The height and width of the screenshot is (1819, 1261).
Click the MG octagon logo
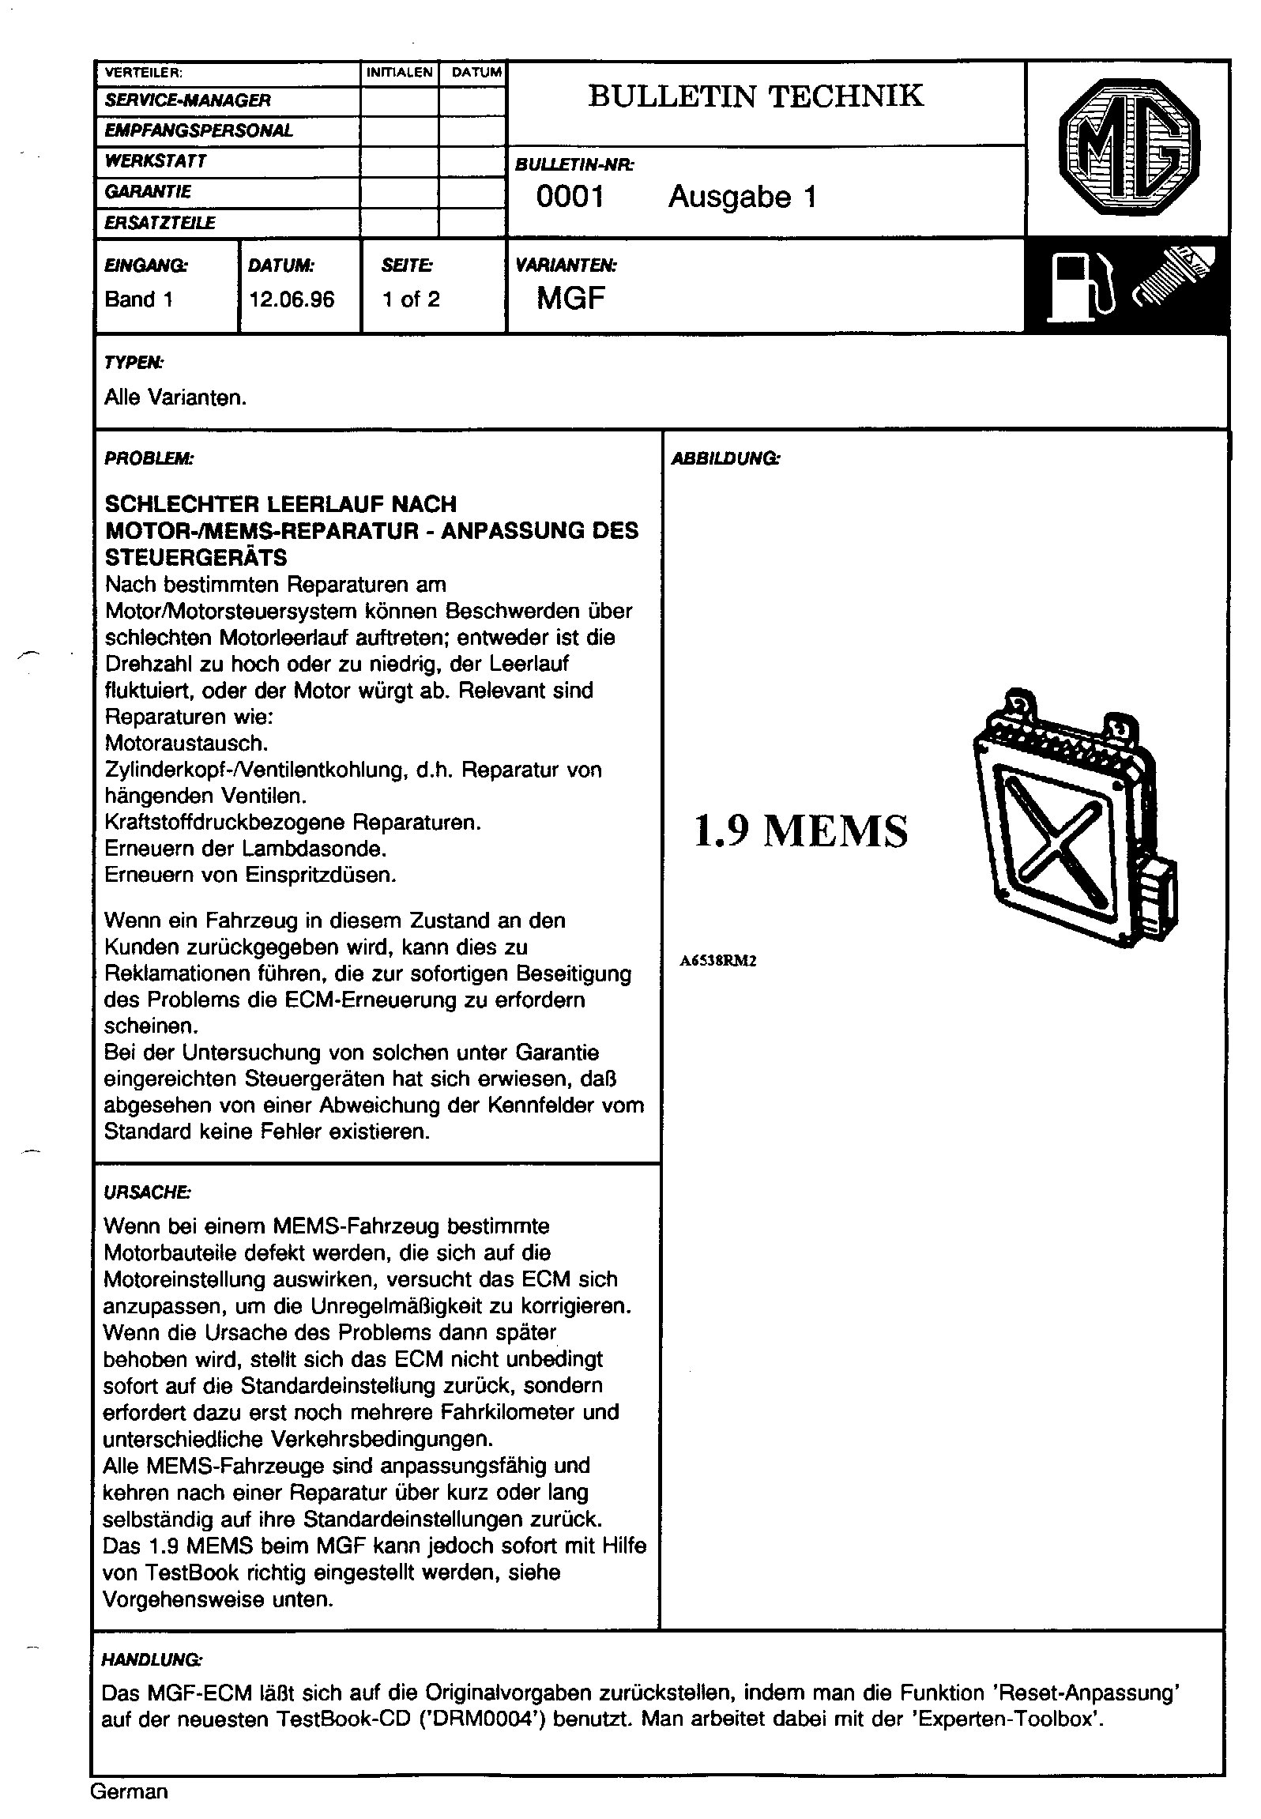[1127, 150]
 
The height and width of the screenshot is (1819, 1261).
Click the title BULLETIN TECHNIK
[755, 96]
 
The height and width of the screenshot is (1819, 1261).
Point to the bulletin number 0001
[570, 197]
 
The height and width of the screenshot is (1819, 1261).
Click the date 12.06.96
[292, 299]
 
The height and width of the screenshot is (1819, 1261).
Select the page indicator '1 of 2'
[411, 299]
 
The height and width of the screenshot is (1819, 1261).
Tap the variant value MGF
[571, 299]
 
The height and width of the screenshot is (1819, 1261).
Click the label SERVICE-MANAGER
[188, 100]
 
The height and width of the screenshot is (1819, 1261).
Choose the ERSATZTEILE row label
[160, 224]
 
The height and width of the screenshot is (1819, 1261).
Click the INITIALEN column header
[400, 73]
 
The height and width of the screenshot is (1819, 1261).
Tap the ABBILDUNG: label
[725, 458]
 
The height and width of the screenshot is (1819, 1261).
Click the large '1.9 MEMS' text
[800, 832]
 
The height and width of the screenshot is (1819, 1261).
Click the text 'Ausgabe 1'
[742, 197]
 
